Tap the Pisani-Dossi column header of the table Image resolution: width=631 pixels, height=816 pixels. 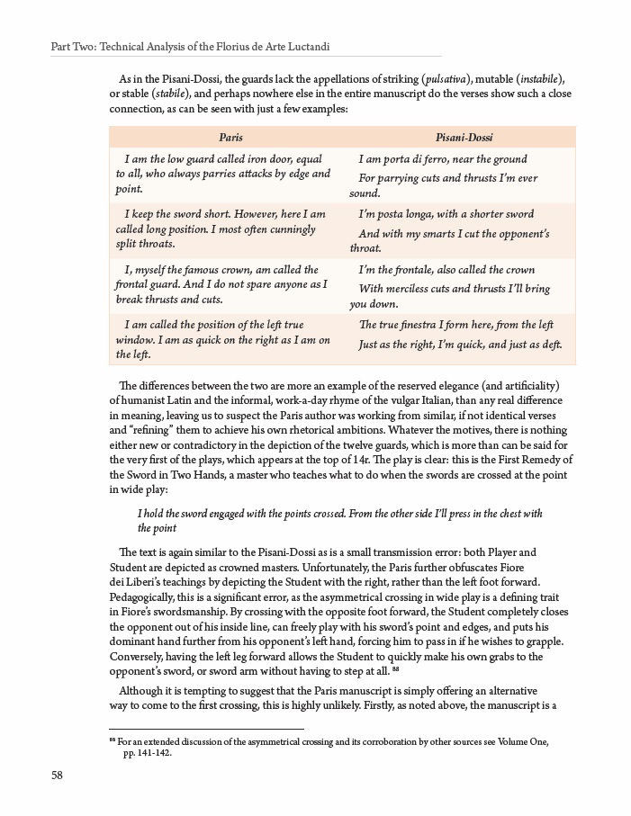[462, 138]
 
